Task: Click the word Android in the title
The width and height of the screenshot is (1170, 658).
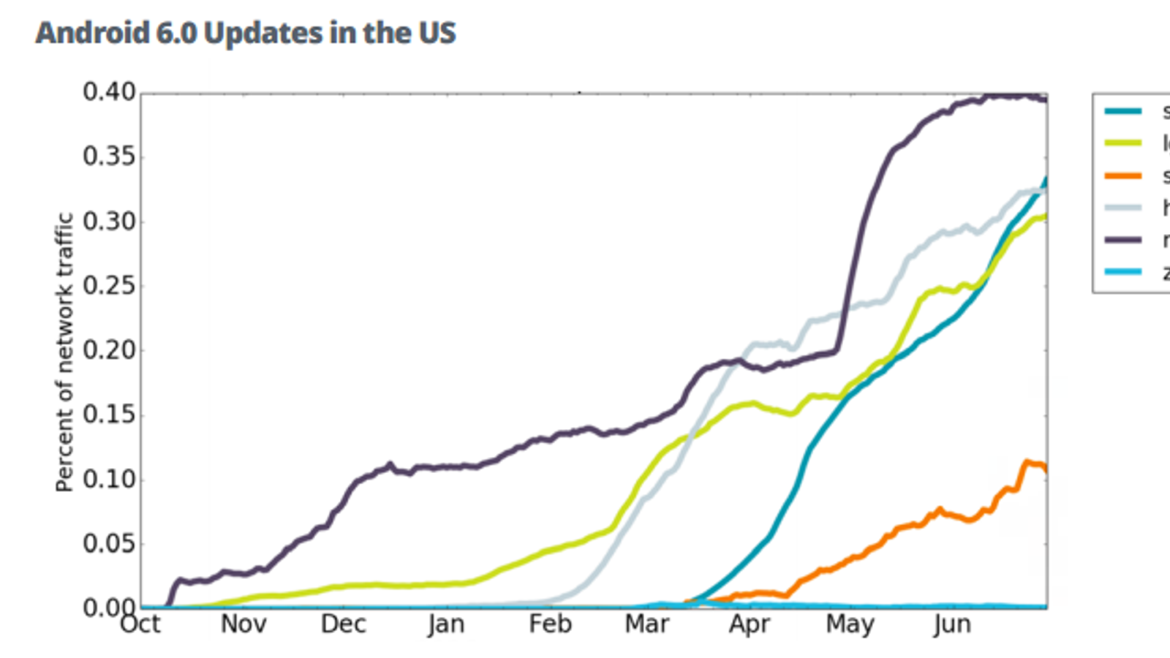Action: click(x=93, y=34)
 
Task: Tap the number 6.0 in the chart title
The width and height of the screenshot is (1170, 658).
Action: click(x=176, y=34)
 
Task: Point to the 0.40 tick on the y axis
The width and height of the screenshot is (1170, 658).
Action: click(x=109, y=92)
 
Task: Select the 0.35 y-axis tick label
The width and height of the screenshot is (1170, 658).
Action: click(x=109, y=156)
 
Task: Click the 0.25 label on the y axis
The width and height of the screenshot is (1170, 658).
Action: click(x=109, y=286)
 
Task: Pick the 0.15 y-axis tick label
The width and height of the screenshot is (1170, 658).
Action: click(x=109, y=415)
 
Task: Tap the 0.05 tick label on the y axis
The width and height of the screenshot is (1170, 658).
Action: click(x=109, y=544)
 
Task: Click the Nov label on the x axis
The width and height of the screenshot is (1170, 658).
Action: click(x=244, y=624)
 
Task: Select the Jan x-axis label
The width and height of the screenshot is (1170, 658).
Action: click(x=446, y=624)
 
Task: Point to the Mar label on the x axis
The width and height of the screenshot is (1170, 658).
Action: click(x=647, y=624)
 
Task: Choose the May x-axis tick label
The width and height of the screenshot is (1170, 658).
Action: click(x=850, y=625)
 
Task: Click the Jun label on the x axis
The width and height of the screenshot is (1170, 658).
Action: click(x=952, y=625)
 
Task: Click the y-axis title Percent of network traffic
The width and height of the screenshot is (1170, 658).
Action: click(x=64, y=352)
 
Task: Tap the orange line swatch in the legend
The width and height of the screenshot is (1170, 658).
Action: click(x=1123, y=175)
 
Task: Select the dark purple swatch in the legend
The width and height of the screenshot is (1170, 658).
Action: click(x=1123, y=240)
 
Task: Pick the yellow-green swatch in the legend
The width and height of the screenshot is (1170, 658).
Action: click(x=1123, y=143)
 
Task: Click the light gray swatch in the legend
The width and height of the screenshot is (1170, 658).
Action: click(x=1123, y=208)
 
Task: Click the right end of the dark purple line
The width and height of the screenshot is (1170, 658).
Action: click(x=1046, y=99)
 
